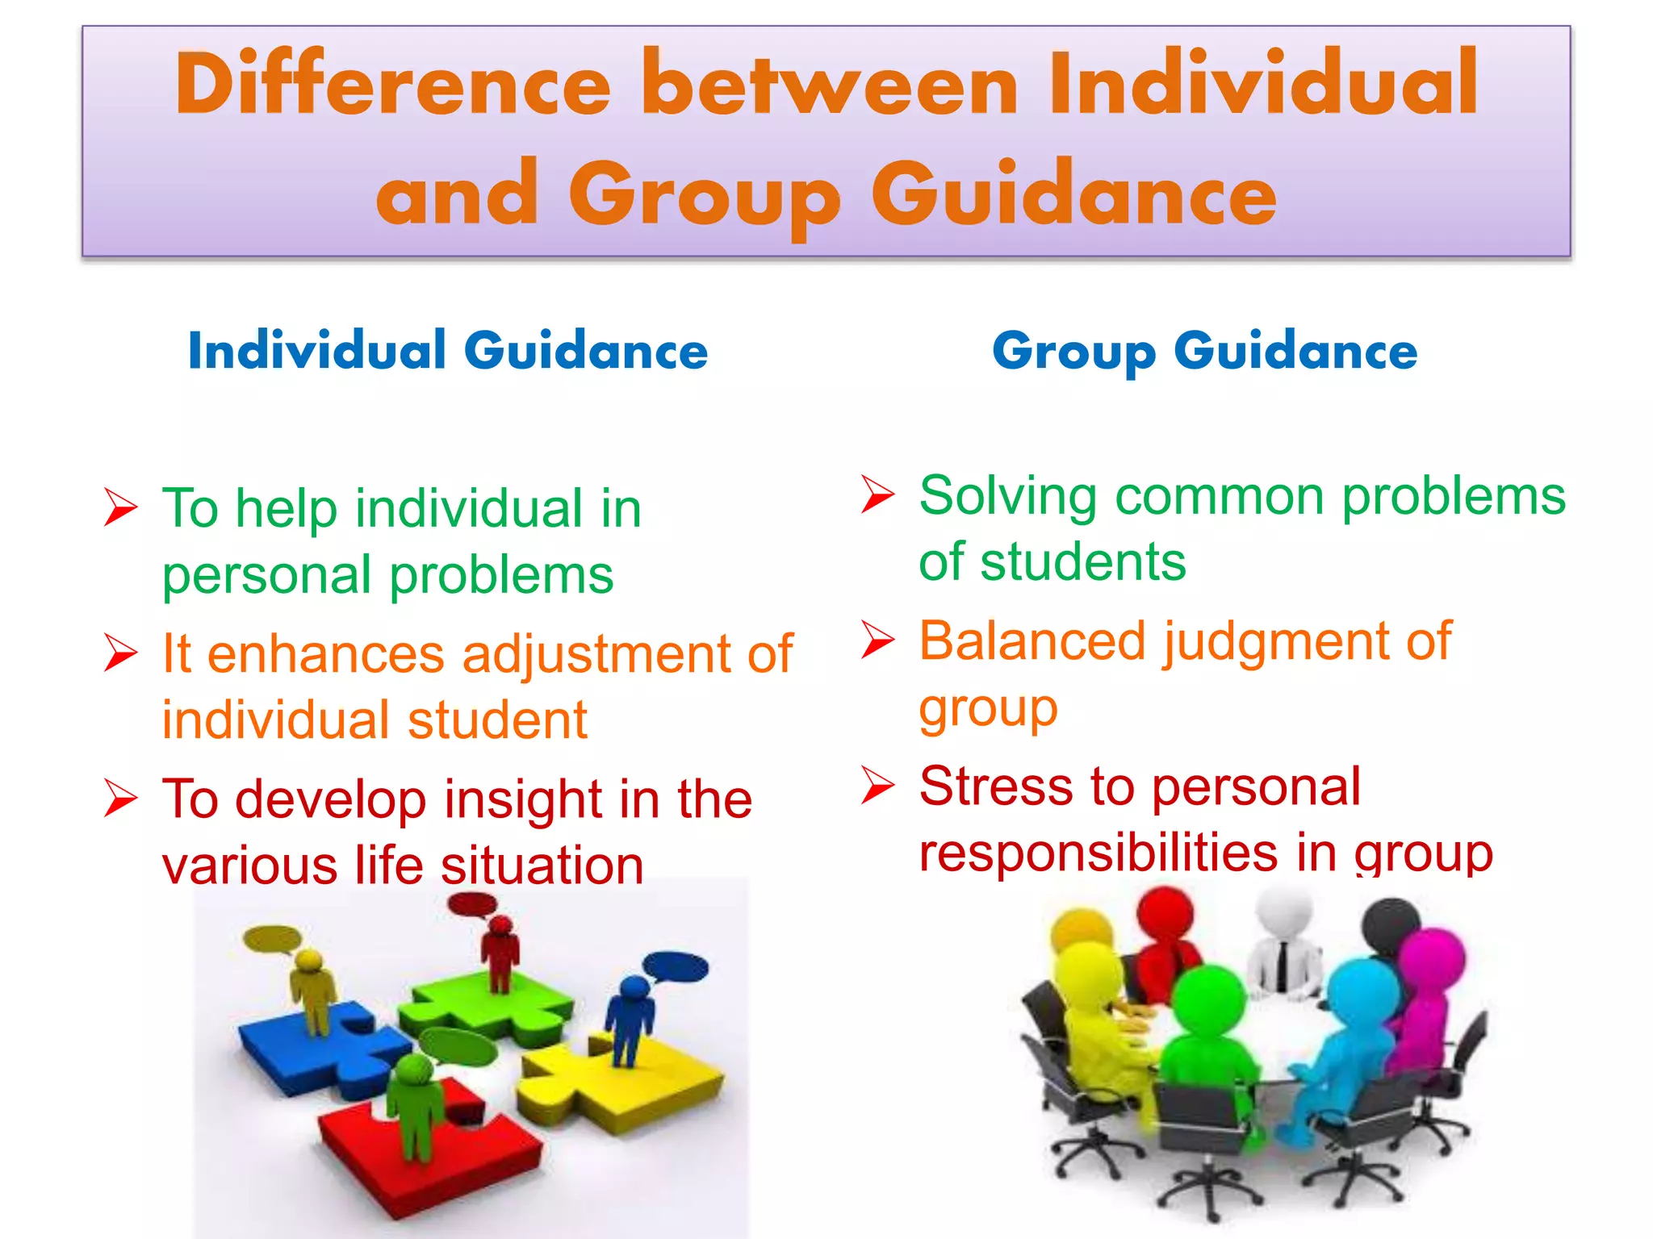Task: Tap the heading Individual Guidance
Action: pyautogui.click(x=448, y=351)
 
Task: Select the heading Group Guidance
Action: pyautogui.click(x=1204, y=352)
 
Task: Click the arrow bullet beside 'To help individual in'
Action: pyautogui.click(x=121, y=508)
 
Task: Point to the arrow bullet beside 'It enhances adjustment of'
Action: pyautogui.click(x=121, y=653)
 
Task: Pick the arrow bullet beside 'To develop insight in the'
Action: pyautogui.click(x=121, y=798)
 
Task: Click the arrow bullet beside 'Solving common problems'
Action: pyautogui.click(x=877, y=494)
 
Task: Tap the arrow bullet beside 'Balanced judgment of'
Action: pyautogui.click(x=877, y=640)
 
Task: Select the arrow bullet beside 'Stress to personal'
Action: pyautogui.click(x=877, y=785)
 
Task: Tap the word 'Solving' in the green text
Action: pyautogui.click(x=1008, y=495)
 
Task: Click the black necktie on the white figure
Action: pyautogui.click(x=1282, y=965)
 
